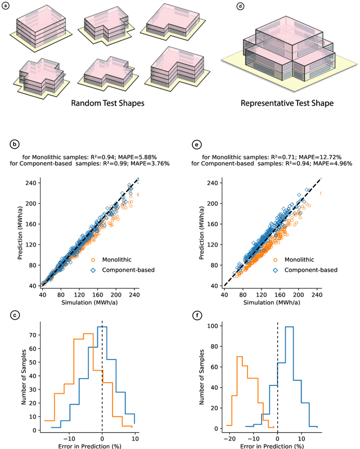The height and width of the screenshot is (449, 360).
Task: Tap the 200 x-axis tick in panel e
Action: coord(296,294)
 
